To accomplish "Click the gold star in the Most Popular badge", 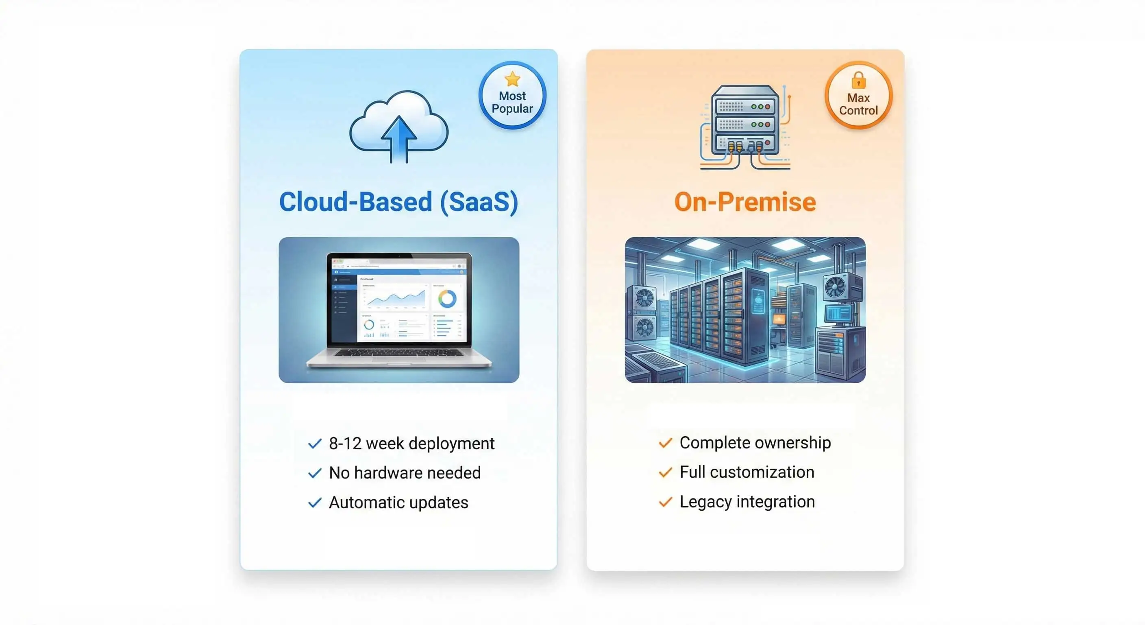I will pos(512,79).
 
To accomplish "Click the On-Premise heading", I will pos(745,202).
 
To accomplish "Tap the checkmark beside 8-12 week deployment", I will pos(315,444).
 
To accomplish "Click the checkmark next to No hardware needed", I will pos(315,473).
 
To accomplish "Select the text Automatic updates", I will pos(398,502).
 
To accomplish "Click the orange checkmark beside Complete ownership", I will pos(665,443).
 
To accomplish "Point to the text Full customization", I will pos(747,472).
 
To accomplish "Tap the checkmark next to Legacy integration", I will pos(665,502).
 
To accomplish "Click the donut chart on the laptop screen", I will pos(447,299).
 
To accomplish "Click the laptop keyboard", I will pos(399,353).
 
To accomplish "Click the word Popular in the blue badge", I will pos(512,109).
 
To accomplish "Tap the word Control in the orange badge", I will pos(858,110).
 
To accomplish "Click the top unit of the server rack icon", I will pos(745,106).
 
